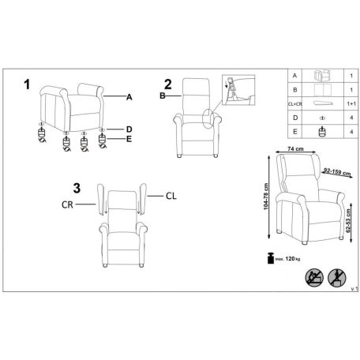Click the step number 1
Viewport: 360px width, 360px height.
(27, 84)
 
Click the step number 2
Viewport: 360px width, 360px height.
(168, 84)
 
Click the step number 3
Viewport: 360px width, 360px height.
(77, 189)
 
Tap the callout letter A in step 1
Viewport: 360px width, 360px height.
(129, 97)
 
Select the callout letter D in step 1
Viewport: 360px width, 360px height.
(129, 129)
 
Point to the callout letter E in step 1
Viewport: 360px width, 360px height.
(129, 139)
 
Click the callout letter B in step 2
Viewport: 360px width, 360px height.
(163, 96)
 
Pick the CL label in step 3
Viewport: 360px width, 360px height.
(171, 196)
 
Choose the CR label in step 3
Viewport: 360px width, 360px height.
(67, 204)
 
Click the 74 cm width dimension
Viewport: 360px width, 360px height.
(295, 149)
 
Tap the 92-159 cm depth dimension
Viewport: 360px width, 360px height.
(337, 172)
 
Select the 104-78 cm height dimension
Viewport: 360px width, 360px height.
(266, 197)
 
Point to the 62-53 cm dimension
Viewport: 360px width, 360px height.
(348, 221)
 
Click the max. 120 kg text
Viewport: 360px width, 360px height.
(287, 259)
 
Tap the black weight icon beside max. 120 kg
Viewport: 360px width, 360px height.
(271, 258)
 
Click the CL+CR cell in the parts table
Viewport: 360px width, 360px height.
(294, 104)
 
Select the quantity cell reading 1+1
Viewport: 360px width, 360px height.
(351, 104)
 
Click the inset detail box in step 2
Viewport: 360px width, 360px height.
(238, 90)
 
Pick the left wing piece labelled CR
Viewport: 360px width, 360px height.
(101, 200)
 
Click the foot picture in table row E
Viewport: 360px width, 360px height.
(322, 132)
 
